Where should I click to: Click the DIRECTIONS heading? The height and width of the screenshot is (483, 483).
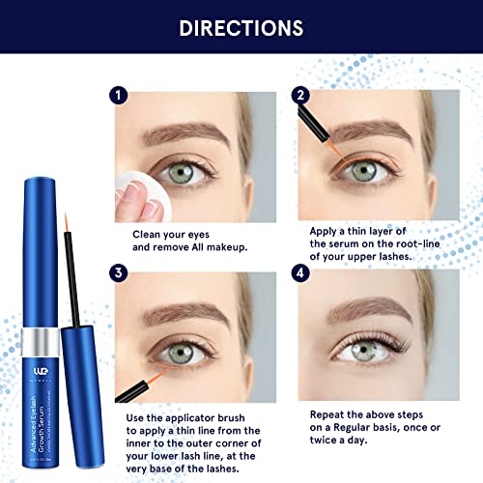point(241,29)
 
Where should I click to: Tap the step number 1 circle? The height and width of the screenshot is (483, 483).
point(118,96)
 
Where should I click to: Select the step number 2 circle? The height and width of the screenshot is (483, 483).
point(299,96)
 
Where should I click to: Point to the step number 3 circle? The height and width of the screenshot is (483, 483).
point(118,273)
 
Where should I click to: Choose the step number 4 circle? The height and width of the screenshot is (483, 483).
point(299,274)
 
